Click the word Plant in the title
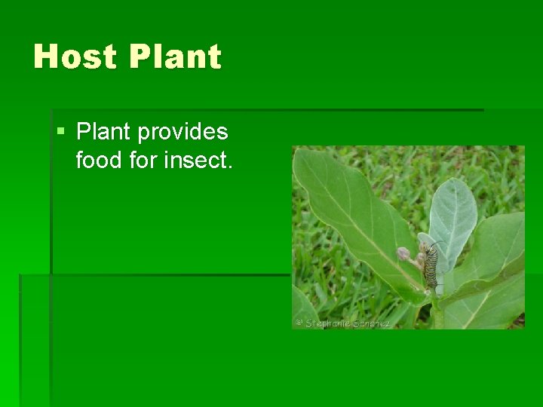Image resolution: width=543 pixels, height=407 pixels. (176, 57)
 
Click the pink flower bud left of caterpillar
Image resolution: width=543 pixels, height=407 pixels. (404, 253)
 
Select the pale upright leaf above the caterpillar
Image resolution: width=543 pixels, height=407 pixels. (452, 215)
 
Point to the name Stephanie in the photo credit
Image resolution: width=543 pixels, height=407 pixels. (329, 323)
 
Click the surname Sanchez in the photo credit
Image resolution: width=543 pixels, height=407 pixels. (372, 323)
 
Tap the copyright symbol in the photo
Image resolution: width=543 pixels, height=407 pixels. (299, 323)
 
